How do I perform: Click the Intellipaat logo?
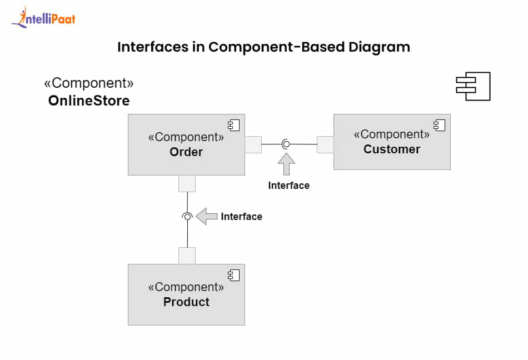pos(43,18)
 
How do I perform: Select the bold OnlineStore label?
pos(89,101)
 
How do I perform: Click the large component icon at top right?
pos(473,86)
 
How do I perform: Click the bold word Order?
pos(186,152)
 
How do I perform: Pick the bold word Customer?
pos(392,149)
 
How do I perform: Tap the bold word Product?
pos(186,302)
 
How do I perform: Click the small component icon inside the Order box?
pos(233,125)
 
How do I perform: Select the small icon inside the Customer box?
pos(439,125)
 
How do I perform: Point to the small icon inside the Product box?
pos(233,275)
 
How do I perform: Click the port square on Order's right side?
pos(253,144)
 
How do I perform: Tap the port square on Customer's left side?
pos(325,144)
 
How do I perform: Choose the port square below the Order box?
pos(187,183)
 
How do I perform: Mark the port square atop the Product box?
pos(187,256)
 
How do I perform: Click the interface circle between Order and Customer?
pos(286,144)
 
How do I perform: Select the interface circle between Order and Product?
pos(187,216)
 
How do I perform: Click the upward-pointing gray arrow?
pos(286,164)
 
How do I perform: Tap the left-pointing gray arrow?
pos(206,216)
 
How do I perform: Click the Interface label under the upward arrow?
pos(288,186)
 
